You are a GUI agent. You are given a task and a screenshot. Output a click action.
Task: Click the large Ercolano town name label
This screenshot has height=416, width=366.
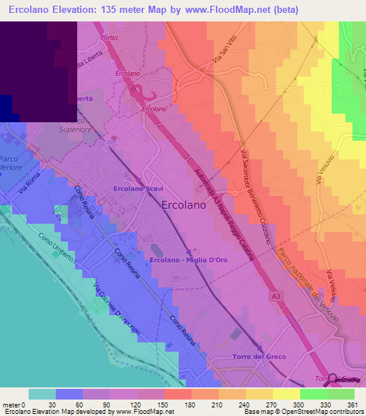pyautogui.click(x=182, y=202)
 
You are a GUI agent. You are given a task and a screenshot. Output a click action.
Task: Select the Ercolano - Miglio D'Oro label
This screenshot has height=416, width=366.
pyautogui.click(x=189, y=259)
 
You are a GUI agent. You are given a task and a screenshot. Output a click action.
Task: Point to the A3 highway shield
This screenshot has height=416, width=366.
pyautogui.click(x=276, y=295)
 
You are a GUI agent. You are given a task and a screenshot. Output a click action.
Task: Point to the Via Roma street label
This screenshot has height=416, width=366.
pyautogui.click(x=29, y=192)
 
